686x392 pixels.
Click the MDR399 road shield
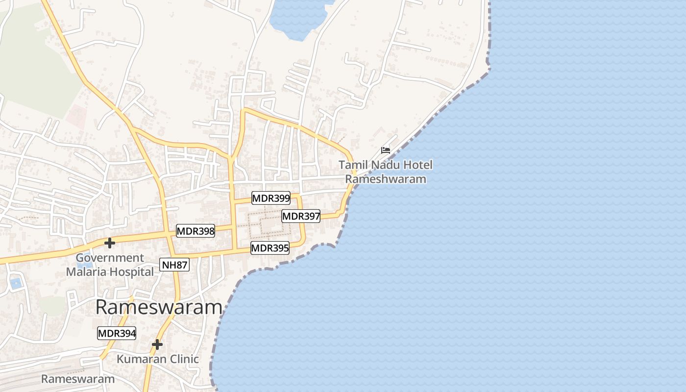pos(271,198)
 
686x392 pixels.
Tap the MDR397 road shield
pos(301,216)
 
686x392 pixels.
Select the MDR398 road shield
pos(196,231)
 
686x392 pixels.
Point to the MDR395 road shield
pos(270,248)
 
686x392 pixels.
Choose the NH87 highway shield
pos(174,265)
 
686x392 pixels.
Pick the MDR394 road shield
pos(117,333)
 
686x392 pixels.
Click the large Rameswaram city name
pos(159,308)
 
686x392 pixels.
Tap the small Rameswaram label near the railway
pos(78,379)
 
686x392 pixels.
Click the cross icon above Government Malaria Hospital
pos(110,243)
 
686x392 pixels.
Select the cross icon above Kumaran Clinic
pos(157,344)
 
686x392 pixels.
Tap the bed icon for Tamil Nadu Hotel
pos(386,150)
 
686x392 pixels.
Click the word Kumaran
pos(138,359)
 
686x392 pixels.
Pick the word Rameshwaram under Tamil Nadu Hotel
pos(386,179)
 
